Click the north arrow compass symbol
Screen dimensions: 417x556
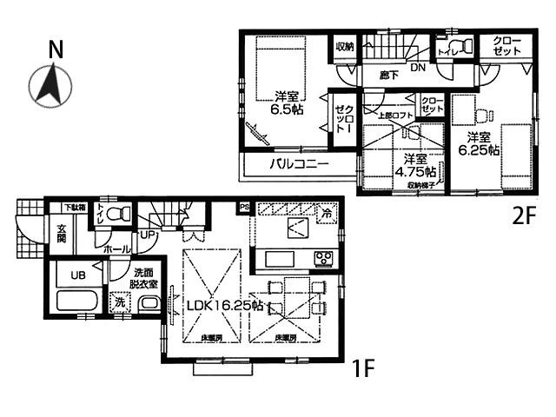[49, 84]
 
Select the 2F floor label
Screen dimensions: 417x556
[522, 216]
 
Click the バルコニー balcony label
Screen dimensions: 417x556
[296, 163]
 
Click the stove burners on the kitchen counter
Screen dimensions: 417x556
[324, 258]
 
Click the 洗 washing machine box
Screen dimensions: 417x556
[119, 302]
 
